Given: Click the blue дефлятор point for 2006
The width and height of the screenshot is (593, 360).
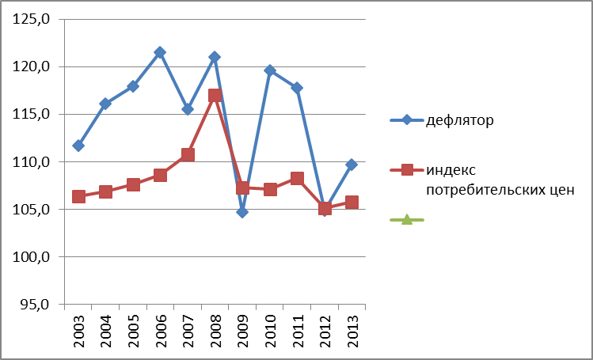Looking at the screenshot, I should [160, 52].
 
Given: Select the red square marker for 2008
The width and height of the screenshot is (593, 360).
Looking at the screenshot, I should [215, 96].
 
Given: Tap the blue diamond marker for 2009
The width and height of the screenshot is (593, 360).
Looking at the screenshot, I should [242, 211].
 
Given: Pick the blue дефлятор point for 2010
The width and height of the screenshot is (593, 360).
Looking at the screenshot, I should [269, 70].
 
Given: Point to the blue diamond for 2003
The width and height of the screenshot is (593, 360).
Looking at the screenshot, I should [78, 146].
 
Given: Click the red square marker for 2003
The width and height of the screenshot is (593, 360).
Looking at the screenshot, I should [78, 196].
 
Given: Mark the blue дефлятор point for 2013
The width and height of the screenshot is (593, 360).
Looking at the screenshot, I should [352, 164].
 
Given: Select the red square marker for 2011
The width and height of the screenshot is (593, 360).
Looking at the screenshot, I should [297, 178].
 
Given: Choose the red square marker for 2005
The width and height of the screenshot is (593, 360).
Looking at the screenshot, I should [133, 184].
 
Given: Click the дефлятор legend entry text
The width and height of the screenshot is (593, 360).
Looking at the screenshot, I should [459, 120].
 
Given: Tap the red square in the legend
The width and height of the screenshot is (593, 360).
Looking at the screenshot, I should [407, 170].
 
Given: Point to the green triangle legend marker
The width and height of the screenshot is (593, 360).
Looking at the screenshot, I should [407, 219].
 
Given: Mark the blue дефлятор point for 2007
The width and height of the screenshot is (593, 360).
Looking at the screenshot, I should [188, 109].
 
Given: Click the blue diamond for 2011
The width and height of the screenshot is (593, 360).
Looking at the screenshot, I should [297, 88].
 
